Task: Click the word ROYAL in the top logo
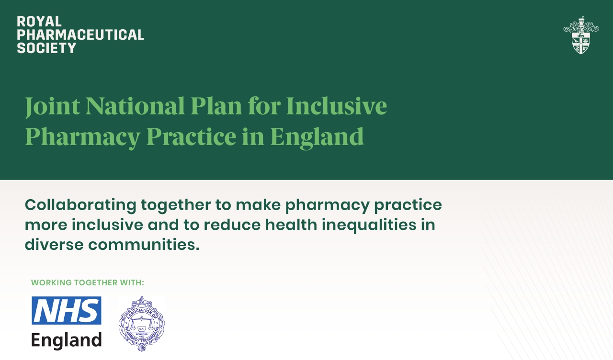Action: click(x=39, y=22)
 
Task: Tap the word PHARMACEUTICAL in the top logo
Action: click(x=80, y=34)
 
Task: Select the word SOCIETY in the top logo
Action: click(x=46, y=48)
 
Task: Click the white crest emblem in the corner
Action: click(x=581, y=35)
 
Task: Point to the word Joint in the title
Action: click(x=52, y=106)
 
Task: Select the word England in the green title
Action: click(x=317, y=136)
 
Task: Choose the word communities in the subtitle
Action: click(x=144, y=245)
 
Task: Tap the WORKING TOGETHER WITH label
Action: click(x=88, y=282)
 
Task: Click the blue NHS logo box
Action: click(x=67, y=310)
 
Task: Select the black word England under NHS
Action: click(x=67, y=340)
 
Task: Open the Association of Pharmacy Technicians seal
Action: click(x=141, y=324)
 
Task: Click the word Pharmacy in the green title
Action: click(x=82, y=136)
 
